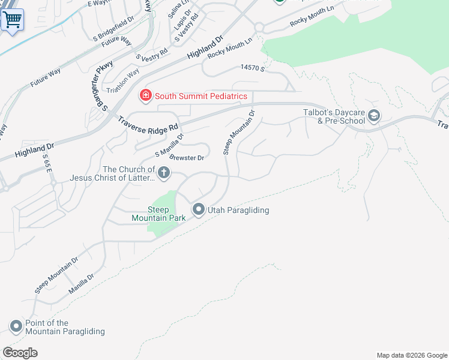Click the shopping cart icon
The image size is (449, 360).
pyautogui.click(x=11, y=20)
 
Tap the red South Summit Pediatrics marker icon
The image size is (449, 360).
pyautogui.click(x=145, y=95)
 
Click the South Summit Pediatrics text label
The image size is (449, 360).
pyautogui.click(x=201, y=96)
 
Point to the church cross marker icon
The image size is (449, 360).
pyautogui.click(x=163, y=174)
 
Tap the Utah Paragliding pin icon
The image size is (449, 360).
pyautogui.click(x=199, y=209)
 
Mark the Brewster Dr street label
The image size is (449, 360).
pyautogui.click(x=187, y=158)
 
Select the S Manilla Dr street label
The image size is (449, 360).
pyautogui.click(x=169, y=146)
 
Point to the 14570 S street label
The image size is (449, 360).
pyautogui.click(x=252, y=68)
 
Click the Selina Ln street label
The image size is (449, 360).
pyautogui.click(x=173, y=8)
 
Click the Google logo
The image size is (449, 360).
pyautogui.click(x=20, y=353)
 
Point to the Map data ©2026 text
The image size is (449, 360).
pyautogui.click(x=411, y=355)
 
